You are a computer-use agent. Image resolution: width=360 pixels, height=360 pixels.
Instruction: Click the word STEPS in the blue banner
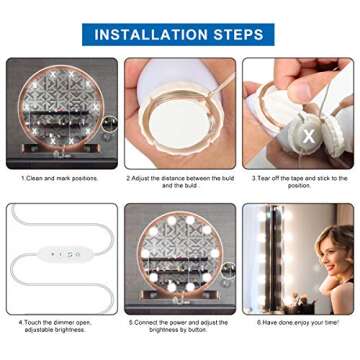[x=235, y=35]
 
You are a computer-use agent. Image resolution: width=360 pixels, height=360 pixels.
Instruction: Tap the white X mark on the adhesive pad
[x=281, y=133]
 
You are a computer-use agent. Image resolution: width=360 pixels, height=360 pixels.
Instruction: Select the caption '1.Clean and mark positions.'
[x=61, y=178]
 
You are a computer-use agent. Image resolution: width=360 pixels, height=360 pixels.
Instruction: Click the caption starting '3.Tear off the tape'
[x=298, y=182]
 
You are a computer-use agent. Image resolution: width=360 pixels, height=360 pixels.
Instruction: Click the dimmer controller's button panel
[x=70, y=254]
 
